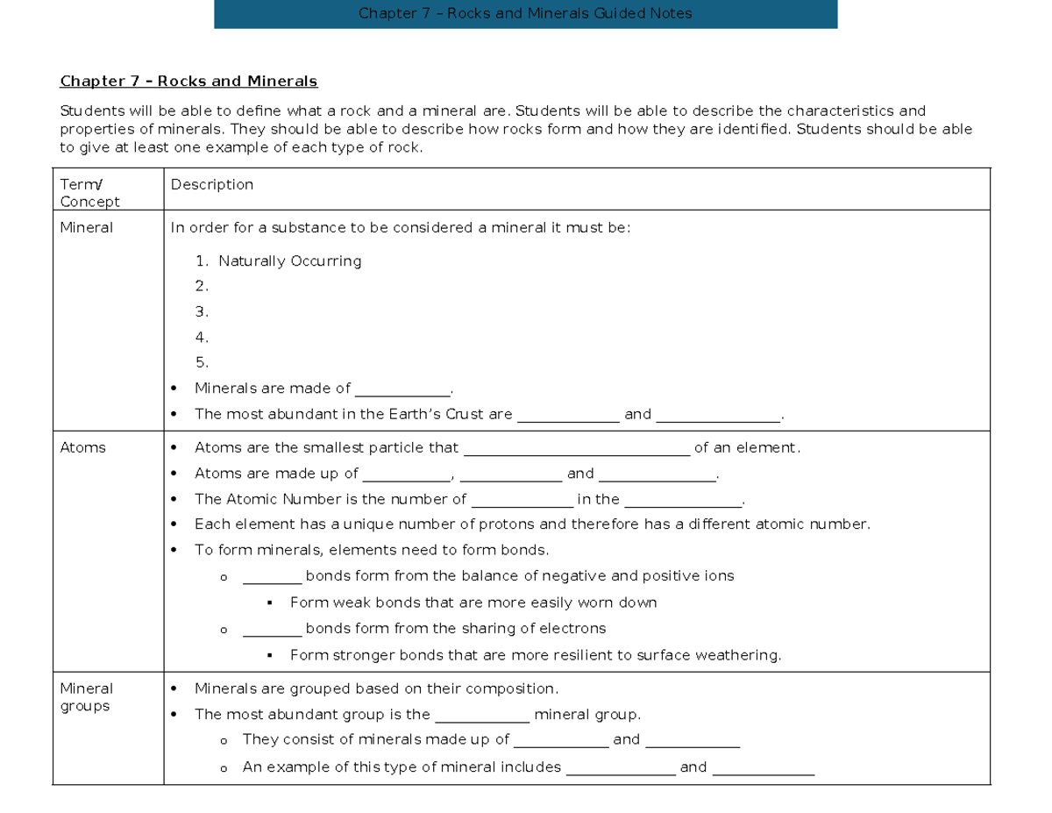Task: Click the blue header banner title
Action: [525, 13]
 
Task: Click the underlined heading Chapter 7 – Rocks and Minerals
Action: [188, 82]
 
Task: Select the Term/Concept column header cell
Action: [89, 193]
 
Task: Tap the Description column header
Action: [212, 185]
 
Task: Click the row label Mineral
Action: [86, 228]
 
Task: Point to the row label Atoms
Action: [82, 448]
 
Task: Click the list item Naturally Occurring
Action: [289, 261]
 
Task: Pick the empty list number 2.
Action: [202, 286]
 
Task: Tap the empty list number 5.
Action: [202, 362]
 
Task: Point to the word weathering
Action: [743, 655]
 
